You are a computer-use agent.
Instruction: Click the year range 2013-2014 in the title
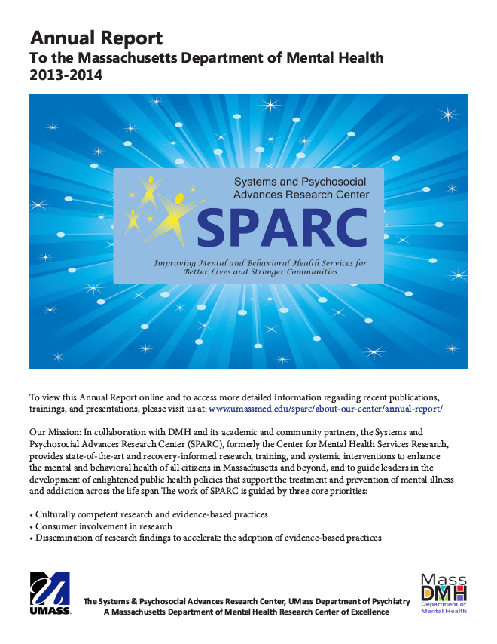pyautogui.click(x=66, y=75)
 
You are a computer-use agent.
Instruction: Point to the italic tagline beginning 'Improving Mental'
pyautogui.click(x=260, y=263)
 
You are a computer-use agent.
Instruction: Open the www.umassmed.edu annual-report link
pyautogui.click(x=325, y=408)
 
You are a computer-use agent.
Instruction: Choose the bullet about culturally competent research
pyautogui.click(x=151, y=514)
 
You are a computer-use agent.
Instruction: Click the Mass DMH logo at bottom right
pyautogui.click(x=444, y=593)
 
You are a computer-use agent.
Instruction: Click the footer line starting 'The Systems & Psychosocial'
pyautogui.click(x=247, y=601)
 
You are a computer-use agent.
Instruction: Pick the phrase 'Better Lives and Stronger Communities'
pyautogui.click(x=261, y=271)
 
